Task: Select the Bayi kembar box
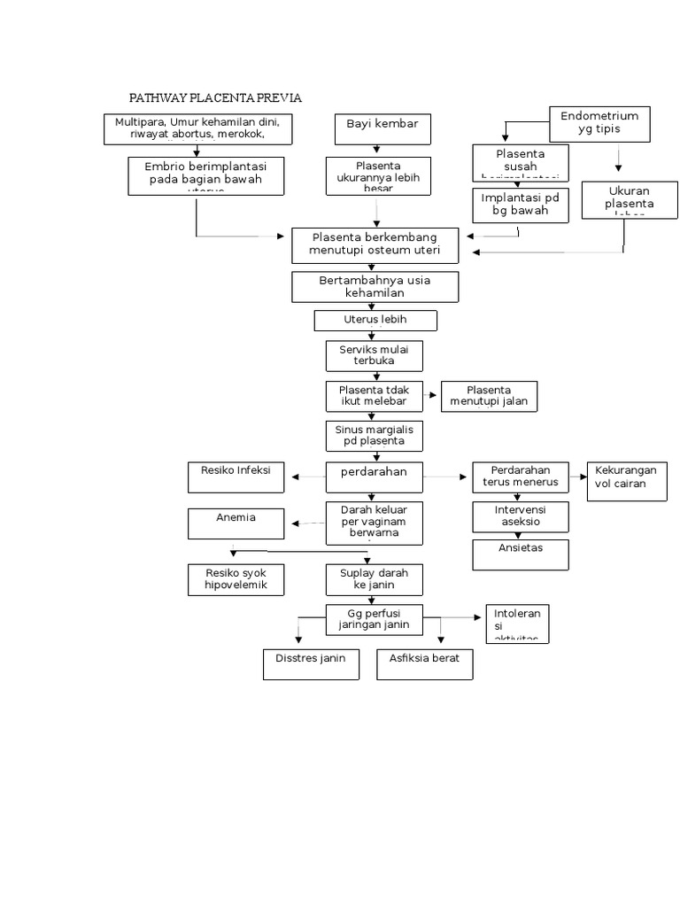click(x=382, y=128)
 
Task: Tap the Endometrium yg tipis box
click(x=600, y=123)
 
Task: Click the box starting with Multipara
click(x=197, y=128)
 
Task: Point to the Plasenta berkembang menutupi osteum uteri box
click(x=375, y=245)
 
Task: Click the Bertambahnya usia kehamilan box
click(x=375, y=287)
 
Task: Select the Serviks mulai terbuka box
click(x=374, y=355)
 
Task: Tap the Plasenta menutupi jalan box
click(x=489, y=396)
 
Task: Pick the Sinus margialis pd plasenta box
click(x=374, y=435)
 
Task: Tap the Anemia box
click(x=236, y=523)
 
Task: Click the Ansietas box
click(x=520, y=554)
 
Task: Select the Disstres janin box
click(x=311, y=663)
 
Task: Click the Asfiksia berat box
click(x=424, y=663)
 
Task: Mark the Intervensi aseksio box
click(x=520, y=516)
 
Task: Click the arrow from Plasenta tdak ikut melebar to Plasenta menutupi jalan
click(x=432, y=396)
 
